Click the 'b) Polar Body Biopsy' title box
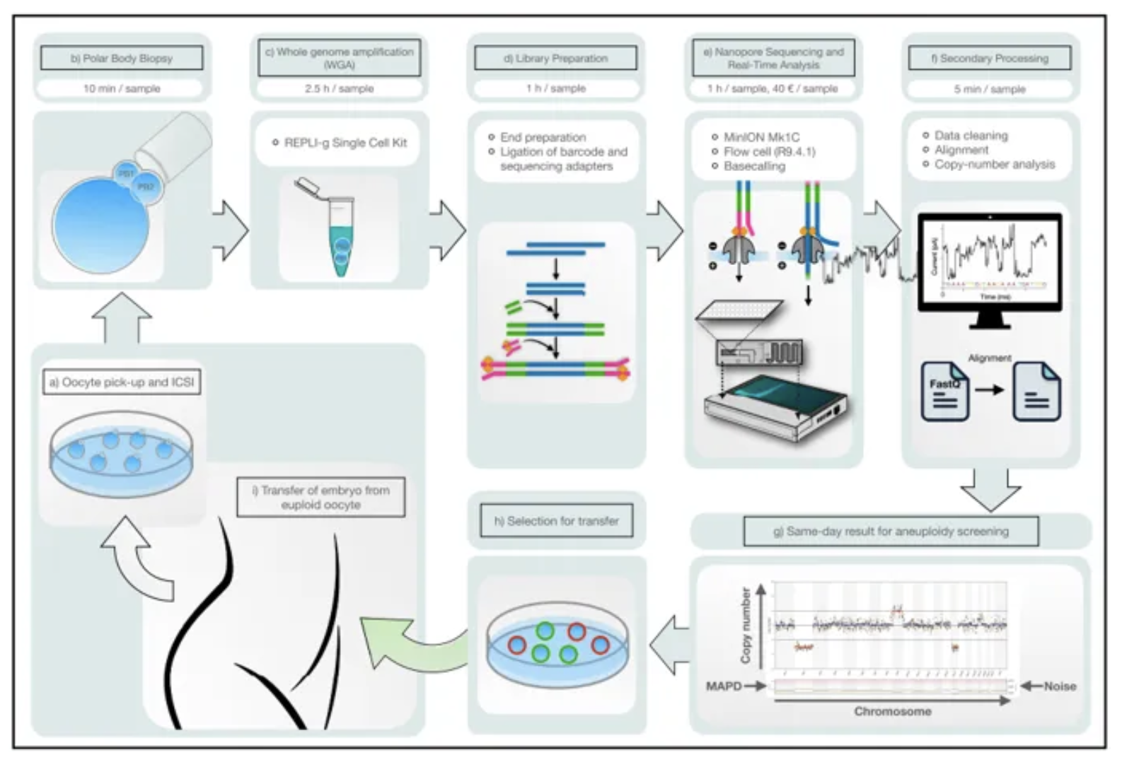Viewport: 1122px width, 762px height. click(122, 58)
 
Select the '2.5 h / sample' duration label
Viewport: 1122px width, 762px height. click(339, 88)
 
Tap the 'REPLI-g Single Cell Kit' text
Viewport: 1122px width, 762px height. click(345, 143)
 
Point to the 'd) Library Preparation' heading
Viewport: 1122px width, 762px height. click(555, 58)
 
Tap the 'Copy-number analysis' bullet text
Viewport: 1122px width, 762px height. click(994, 164)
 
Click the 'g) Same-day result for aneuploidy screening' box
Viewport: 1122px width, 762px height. click(891, 531)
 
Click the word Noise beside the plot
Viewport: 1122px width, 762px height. click(1059, 686)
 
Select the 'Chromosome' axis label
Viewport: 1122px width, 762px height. click(892, 711)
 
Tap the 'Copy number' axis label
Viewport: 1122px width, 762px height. click(746, 625)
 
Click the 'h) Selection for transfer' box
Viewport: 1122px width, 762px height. click(556, 521)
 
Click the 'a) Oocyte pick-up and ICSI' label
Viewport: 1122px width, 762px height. click(121, 382)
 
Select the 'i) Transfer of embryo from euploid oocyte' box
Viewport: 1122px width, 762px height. click(320, 498)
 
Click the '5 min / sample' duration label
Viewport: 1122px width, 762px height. click(989, 89)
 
